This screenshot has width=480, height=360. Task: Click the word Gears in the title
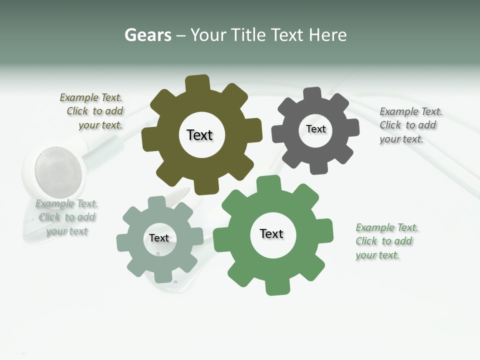point(148,35)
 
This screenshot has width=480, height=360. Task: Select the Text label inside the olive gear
point(199,135)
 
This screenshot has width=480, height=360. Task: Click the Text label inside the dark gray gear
point(315,129)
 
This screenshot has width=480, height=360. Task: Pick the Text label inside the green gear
point(271,234)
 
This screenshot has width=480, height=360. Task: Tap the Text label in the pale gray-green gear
point(159,238)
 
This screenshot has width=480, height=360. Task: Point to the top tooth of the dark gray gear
point(313,93)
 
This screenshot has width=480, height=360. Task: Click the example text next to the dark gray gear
point(410,125)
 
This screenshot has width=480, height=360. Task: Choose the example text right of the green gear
point(386,241)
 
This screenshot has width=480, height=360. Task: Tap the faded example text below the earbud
point(66,217)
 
